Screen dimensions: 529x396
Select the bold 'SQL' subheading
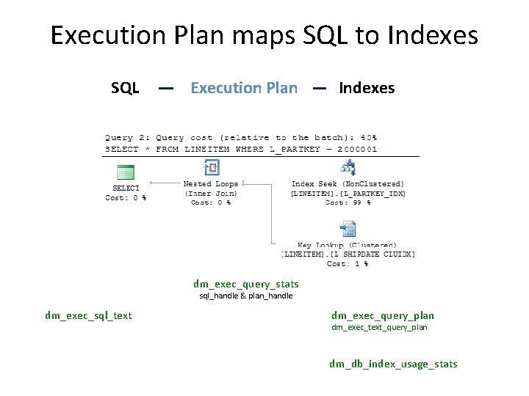(x=125, y=89)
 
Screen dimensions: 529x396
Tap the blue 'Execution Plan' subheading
(x=244, y=89)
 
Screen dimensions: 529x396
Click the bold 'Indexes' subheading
(x=367, y=89)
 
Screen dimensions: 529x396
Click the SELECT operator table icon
(x=126, y=172)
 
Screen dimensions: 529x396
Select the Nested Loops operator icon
(x=211, y=168)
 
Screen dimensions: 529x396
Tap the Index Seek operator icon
(x=348, y=169)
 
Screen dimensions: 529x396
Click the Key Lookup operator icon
(x=348, y=230)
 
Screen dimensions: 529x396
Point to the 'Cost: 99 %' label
(x=348, y=202)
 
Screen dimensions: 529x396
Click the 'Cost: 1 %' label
(x=348, y=264)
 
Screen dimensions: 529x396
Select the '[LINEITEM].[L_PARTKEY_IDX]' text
(x=348, y=194)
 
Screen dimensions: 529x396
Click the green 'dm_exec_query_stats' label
(x=246, y=284)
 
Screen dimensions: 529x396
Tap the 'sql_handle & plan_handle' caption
(x=246, y=296)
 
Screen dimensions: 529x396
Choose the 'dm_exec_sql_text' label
(x=88, y=315)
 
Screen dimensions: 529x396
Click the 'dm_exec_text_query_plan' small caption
(x=379, y=327)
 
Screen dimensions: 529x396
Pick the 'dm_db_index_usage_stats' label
(x=393, y=364)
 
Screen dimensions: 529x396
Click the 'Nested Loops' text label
(x=211, y=184)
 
